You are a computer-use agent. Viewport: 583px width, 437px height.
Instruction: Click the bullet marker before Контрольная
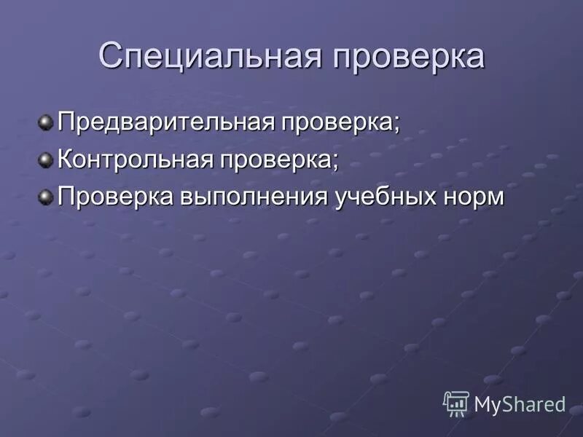tap(47, 158)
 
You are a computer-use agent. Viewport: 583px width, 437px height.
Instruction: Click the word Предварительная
tap(165, 120)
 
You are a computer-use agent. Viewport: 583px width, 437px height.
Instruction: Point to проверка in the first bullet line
tap(336, 122)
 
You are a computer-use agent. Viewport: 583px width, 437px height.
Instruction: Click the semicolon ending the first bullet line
tap(397, 124)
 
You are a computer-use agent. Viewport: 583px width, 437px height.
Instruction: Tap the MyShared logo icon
tap(455, 403)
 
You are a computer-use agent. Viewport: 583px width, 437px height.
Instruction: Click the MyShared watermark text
tap(520, 404)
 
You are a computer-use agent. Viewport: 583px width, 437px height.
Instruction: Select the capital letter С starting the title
tap(110, 56)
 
